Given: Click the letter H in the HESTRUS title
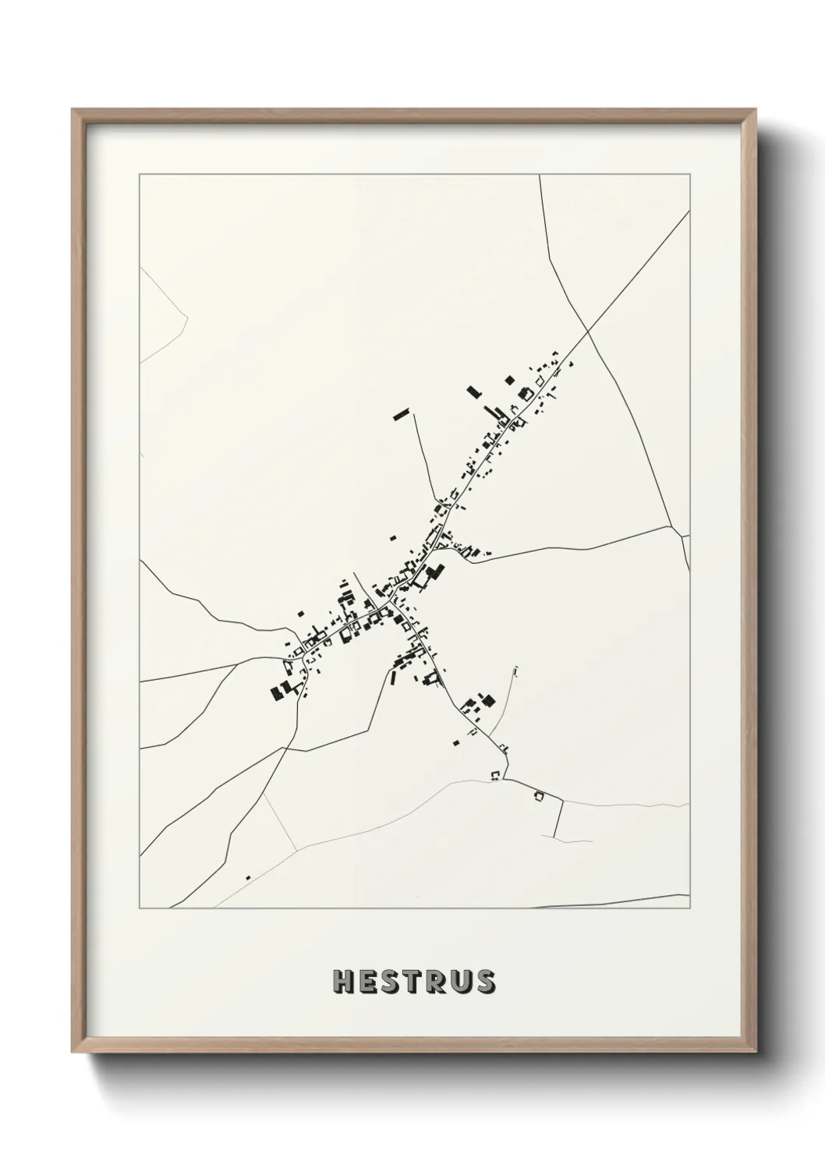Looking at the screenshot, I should (343, 982).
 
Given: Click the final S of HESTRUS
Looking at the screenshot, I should (484, 982).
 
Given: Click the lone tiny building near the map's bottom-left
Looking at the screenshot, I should (248, 878).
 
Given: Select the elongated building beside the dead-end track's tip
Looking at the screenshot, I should (401, 414).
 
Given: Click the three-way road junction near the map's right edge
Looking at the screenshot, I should (682, 536).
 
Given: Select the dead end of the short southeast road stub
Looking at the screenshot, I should (554, 838).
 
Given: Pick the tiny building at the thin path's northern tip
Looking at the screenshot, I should (515, 669).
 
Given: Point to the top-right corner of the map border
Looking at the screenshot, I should (689, 175).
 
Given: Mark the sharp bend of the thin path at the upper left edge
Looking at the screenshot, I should (188, 316).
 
